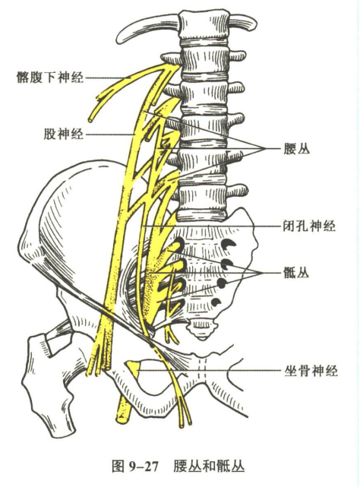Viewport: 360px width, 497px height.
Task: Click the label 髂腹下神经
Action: click(x=50, y=77)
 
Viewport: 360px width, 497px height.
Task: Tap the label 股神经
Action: click(x=63, y=134)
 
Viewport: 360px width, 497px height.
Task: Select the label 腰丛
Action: click(x=296, y=148)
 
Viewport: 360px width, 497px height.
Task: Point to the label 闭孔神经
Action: click(x=309, y=226)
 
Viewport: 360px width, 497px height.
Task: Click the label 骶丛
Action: click(x=296, y=273)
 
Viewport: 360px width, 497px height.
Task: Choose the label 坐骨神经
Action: click(x=311, y=370)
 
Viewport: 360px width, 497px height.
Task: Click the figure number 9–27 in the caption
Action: click(x=144, y=467)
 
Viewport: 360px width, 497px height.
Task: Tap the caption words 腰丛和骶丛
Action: click(x=209, y=467)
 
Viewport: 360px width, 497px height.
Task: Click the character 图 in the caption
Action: click(x=118, y=467)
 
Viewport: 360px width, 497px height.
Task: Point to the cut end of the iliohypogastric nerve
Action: click(x=91, y=120)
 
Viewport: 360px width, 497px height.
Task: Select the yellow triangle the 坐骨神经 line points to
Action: click(x=134, y=368)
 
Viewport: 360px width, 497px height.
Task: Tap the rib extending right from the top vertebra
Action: click(x=242, y=24)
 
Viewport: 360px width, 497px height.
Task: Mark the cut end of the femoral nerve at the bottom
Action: click(x=122, y=419)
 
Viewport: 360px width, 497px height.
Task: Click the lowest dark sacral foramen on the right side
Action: click(x=216, y=302)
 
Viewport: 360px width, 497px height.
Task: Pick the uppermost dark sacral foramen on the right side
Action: click(x=228, y=244)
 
